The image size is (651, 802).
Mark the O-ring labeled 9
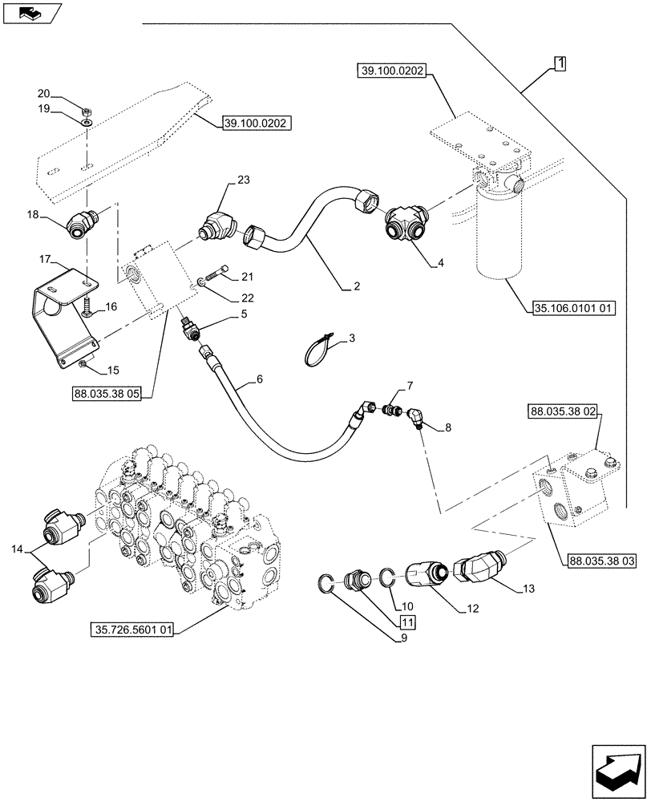point(329,584)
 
